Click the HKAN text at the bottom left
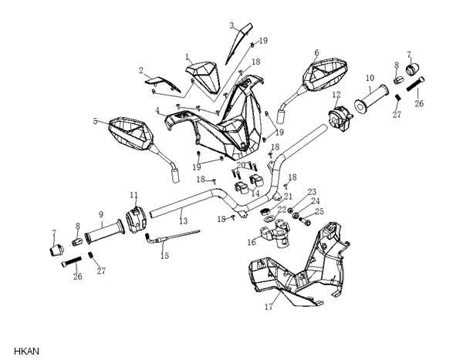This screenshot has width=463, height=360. pyautogui.click(x=26, y=352)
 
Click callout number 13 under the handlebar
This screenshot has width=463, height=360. pyautogui.click(x=184, y=220)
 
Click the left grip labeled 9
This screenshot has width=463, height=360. pyautogui.click(x=104, y=231)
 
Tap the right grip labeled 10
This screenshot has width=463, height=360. pyautogui.click(x=371, y=98)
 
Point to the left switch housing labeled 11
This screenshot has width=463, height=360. pyautogui.click(x=136, y=220)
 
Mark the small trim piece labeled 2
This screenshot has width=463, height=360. pyautogui.click(x=162, y=84)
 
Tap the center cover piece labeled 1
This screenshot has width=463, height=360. pyautogui.click(x=203, y=76)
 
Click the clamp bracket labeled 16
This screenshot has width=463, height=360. pyautogui.click(x=274, y=233)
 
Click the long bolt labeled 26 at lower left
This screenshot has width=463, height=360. pyautogui.click(x=72, y=261)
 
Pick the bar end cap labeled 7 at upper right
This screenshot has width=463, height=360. pyautogui.click(x=413, y=69)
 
